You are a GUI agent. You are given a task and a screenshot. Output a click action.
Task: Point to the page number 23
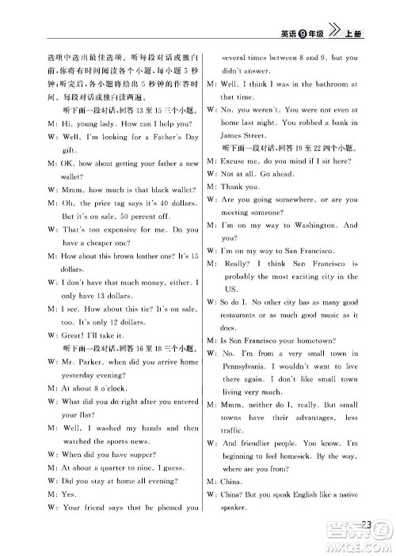[x=366, y=524]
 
